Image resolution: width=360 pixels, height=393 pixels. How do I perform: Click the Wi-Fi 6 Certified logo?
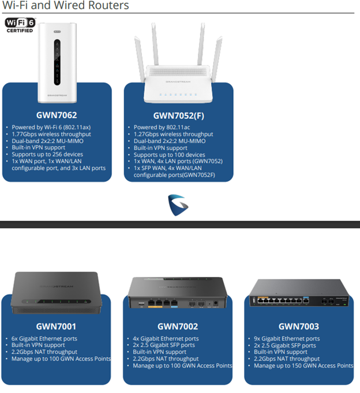click(x=20, y=25)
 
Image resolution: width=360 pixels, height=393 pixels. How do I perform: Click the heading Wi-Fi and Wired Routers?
click(x=66, y=6)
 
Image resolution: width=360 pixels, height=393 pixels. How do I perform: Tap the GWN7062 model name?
click(x=57, y=115)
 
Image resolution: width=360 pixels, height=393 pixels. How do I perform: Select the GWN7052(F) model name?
click(x=179, y=115)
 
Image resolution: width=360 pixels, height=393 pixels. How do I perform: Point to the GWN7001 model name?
click(x=57, y=327)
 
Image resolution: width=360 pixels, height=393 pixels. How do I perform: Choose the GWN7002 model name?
click(x=178, y=327)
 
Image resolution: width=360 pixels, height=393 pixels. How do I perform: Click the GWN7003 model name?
click(x=299, y=327)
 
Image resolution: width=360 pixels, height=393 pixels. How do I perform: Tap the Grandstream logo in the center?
click(x=178, y=204)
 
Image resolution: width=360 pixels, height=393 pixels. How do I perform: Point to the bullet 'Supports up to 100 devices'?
click(x=170, y=155)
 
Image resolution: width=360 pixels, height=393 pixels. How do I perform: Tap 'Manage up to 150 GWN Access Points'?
click(x=303, y=366)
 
